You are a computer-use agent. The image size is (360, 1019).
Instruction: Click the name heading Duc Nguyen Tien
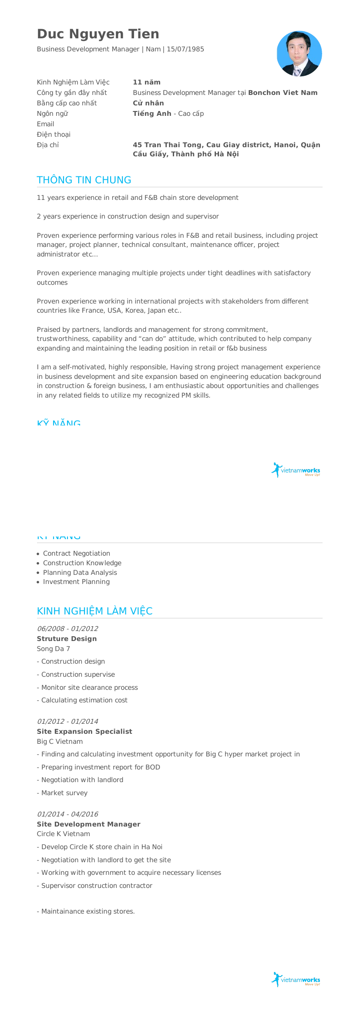pos(98,34)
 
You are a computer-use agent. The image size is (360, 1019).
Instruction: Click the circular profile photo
pos(299,54)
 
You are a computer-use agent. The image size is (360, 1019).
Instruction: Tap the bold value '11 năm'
pos(147,82)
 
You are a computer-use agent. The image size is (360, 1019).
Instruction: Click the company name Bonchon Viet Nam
pos(283,93)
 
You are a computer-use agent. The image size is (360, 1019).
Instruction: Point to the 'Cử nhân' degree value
pos(148,103)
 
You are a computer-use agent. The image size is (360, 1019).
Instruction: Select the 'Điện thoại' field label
pos(54,135)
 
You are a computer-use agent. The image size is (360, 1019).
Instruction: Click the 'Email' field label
pos(45,124)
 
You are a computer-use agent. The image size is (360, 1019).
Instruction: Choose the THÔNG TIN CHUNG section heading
pos(84,180)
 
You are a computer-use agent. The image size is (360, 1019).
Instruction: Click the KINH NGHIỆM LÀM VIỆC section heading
pos(94,611)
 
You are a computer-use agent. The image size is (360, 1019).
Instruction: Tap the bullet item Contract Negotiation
pos(77,553)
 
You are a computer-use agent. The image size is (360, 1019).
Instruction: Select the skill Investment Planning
pos(76,582)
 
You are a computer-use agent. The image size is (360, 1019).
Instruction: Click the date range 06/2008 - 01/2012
pos(67,629)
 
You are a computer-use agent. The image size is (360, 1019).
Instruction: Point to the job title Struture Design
pos(67,639)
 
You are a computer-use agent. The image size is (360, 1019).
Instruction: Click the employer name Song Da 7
pos(54,649)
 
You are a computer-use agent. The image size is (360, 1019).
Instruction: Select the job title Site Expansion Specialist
pos(84,732)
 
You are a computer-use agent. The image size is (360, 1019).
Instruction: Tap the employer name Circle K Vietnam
pos(64,834)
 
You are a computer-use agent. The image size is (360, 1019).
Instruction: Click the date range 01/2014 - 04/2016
pos(67,814)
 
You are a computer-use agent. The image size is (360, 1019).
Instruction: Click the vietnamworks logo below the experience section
pos(296,980)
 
